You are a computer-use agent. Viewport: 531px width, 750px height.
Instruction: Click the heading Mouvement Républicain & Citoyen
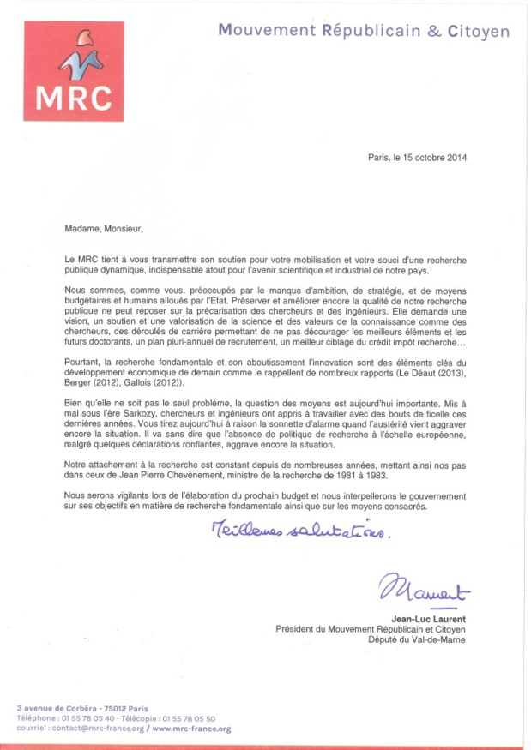(363, 32)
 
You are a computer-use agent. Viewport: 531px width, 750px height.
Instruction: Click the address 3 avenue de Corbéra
(60, 708)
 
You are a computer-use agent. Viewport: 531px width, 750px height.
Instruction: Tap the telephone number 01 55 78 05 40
(88, 718)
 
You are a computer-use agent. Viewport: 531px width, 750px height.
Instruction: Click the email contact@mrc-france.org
(97, 729)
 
